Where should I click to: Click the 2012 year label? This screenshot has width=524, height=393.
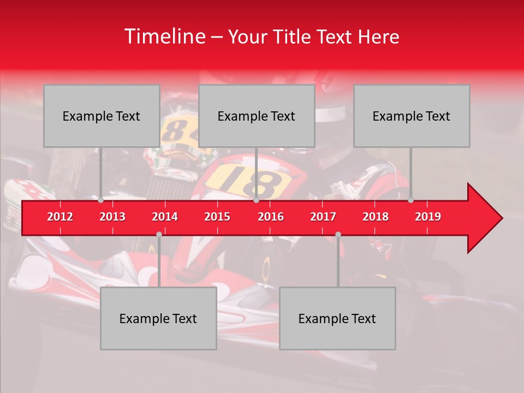tap(60, 217)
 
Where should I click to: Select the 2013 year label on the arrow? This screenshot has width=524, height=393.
tap(112, 217)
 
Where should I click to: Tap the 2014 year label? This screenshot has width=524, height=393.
tap(165, 217)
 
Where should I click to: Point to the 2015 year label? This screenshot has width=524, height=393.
tap(217, 217)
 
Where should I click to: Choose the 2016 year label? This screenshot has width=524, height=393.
tap(271, 217)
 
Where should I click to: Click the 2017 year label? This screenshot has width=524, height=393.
tap(323, 217)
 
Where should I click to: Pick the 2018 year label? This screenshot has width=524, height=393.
tap(376, 217)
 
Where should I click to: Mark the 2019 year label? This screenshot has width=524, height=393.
tap(428, 217)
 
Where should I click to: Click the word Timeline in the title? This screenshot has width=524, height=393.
tap(164, 37)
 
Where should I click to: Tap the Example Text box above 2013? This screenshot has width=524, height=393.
tap(102, 116)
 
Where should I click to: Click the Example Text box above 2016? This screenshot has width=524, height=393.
tap(257, 116)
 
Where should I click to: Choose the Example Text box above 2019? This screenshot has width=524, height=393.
tap(412, 116)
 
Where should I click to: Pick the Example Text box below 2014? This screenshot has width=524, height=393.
tap(158, 318)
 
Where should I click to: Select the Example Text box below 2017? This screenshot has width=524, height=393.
tap(337, 318)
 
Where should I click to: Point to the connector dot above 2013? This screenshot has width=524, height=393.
tap(101, 200)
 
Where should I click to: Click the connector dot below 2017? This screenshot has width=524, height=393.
tap(338, 234)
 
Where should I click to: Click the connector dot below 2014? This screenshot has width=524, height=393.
tap(159, 234)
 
